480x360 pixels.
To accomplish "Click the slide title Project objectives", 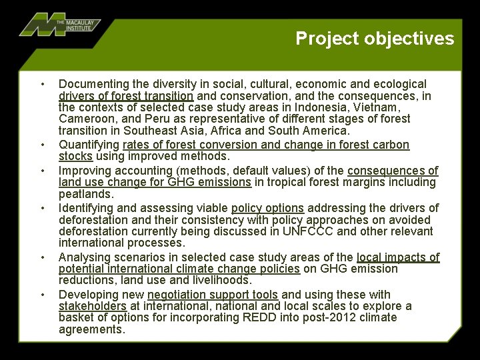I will pos(375,39).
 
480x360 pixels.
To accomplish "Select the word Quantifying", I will pos(89,145).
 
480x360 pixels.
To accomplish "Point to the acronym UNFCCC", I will pos(308,232).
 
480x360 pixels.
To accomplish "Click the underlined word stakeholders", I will pos(93,306).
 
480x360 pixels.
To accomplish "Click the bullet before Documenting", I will pos(42,84).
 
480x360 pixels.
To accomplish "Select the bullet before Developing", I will pos(42,295).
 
